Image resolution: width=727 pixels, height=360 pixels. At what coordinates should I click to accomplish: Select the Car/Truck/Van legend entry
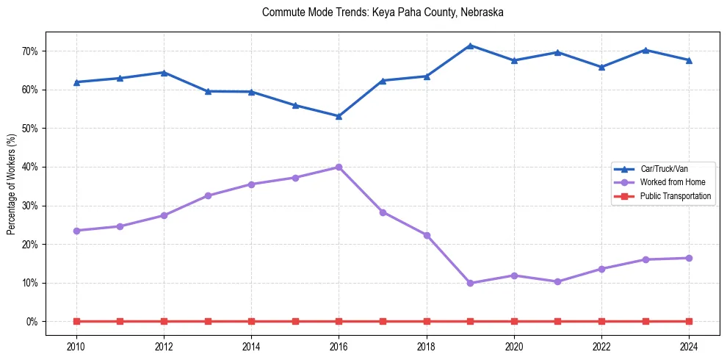click(663, 169)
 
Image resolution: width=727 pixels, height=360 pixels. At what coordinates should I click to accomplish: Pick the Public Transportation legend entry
click(675, 196)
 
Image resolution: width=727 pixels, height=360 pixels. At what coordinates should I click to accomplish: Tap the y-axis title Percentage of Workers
click(11, 184)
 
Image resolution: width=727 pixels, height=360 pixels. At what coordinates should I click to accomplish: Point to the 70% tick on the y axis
click(29, 51)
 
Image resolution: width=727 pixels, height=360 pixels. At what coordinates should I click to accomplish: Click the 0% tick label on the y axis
click(32, 322)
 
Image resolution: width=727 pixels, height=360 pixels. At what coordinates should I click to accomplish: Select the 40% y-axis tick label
click(29, 167)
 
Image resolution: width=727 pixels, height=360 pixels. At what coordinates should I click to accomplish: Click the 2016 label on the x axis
click(339, 346)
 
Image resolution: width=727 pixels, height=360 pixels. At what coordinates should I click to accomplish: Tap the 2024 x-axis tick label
click(689, 346)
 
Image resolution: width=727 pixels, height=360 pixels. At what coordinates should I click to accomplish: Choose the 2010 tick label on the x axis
click(76, 346)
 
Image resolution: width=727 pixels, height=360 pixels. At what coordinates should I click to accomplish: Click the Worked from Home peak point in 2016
click(339, 168)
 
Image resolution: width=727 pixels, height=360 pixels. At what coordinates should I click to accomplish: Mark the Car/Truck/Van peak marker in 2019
click(470, 46)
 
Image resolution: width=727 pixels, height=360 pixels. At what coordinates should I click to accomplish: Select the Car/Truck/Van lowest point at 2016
click(339, 116)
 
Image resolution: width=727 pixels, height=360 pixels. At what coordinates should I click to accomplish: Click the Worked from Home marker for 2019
click(470, 283)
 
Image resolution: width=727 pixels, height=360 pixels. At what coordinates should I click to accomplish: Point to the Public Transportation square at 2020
click(514, 321)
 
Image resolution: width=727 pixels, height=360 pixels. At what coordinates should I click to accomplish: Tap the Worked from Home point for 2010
click(76, 231)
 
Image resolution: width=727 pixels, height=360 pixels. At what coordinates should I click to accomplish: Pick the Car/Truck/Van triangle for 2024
click(689, 60)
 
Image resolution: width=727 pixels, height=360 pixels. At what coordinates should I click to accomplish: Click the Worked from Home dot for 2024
click(689, 258)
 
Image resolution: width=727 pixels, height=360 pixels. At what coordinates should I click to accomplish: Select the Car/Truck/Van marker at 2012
click(164, 73)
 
